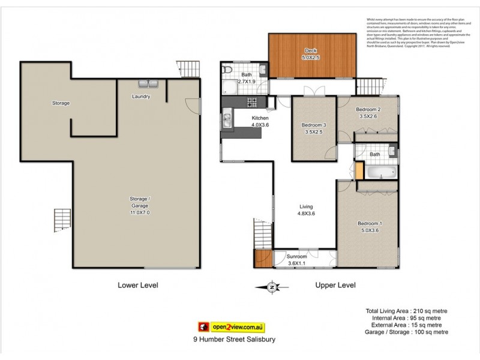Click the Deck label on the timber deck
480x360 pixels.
(310, 50)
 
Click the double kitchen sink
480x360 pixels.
(227, 121)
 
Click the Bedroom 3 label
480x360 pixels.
(313, 125)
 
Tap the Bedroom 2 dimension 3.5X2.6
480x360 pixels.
(368, 117)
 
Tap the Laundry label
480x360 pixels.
(141, 97)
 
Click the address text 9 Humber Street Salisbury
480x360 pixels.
(233, 339)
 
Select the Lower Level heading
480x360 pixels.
(137, 286)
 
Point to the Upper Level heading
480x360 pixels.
(335, 286)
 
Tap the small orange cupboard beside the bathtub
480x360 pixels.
(359, 170)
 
